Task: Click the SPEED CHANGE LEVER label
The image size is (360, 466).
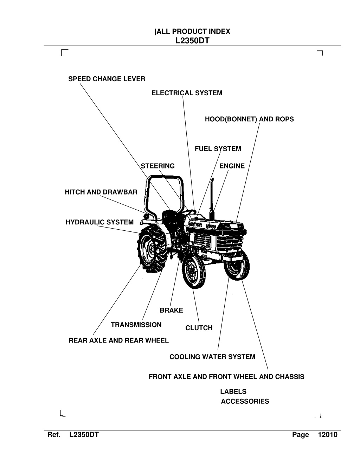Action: point(107,79)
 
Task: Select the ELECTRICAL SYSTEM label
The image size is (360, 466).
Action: point(187,93)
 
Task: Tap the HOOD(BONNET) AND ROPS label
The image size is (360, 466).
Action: point(249,119)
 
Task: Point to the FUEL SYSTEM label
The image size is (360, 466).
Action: point(218,149)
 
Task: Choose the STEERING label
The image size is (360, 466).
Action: point(158,166)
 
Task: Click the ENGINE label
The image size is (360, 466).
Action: point(232,166)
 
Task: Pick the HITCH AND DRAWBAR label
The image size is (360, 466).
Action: point(101,192)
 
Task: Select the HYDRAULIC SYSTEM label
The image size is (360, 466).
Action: point(99,222)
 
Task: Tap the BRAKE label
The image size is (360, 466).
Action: point(172,310)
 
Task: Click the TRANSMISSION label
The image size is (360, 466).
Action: point(136,325)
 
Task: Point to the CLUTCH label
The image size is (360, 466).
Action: point(199,328)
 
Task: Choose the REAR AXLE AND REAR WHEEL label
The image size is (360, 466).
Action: point(119,340)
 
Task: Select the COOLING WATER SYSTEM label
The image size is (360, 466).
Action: point(212,357)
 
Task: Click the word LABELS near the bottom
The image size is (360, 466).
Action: point(233,391)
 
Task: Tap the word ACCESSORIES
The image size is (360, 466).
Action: point(245,401)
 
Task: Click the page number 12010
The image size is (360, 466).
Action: point(328,435)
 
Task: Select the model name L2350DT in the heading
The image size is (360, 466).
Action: point(192,40)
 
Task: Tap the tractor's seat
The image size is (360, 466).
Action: point(170,218)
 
